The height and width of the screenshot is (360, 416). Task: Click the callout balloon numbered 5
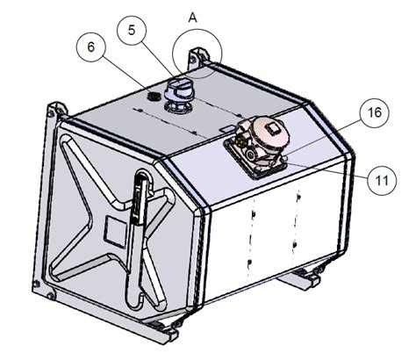pos(132,31)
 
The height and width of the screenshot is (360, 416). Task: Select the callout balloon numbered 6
pos(91,47)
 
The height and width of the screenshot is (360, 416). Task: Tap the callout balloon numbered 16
pos(375,112)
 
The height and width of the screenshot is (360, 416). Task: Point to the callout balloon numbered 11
pos(382,180)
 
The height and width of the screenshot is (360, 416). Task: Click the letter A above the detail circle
pos(193,18)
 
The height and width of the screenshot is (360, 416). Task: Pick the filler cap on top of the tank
pos(179,95)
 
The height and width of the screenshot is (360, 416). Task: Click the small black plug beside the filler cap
pos(153,97)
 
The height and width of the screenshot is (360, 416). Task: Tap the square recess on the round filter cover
pos(274,127)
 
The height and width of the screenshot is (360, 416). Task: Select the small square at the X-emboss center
pos(116,232)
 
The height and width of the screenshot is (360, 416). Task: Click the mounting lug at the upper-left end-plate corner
pos(57,112)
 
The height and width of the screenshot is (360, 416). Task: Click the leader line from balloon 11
pos(326,169)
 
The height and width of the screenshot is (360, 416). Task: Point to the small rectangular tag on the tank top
pos(228,128)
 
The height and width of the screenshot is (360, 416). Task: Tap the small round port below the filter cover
pos(284,158)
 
